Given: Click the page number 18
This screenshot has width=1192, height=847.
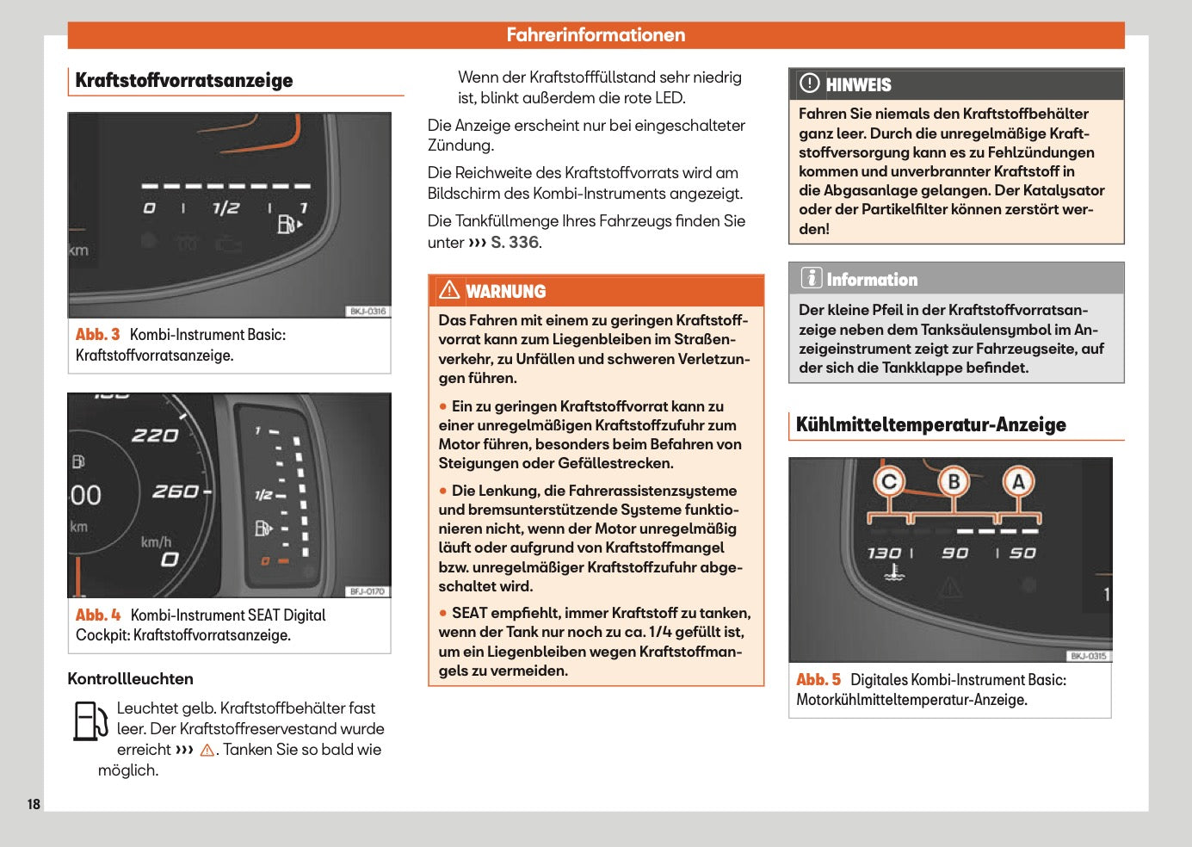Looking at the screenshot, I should point(34,804).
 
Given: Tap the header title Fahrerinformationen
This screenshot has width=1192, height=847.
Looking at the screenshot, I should point(596,35).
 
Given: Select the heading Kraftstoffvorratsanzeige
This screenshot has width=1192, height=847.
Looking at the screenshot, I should point(184,81).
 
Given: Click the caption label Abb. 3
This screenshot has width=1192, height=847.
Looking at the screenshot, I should point(97,335).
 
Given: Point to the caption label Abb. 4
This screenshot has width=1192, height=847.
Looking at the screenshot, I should point(97,615).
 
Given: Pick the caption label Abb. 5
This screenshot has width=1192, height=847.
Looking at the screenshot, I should point(818,680).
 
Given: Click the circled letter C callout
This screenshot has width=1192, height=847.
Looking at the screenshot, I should point(890,482).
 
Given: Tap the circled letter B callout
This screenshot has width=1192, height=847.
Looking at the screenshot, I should point(954,482).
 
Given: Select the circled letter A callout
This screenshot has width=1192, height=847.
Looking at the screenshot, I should point(1018,482).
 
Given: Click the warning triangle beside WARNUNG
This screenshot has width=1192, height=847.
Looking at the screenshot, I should point(449,290).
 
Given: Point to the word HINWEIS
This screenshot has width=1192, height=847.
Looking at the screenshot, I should point(858,85).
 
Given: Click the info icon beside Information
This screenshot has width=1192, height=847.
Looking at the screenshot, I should point(811,278).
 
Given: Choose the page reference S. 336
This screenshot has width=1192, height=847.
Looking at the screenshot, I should point(515,243).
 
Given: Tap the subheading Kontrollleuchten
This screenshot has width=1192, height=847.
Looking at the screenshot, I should point(130,679).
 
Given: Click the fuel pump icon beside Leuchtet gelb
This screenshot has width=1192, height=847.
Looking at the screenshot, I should point(90,721).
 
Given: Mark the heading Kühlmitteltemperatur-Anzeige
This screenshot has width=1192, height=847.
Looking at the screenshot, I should point(930,425).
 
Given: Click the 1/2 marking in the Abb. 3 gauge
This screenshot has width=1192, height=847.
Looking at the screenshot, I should point(225,208).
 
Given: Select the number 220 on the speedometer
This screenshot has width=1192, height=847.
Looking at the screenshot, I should point(155,436).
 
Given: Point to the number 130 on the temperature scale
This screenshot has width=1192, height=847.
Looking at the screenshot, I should point(884,553).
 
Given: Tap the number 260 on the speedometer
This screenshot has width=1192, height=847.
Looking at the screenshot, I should point(176,492).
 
